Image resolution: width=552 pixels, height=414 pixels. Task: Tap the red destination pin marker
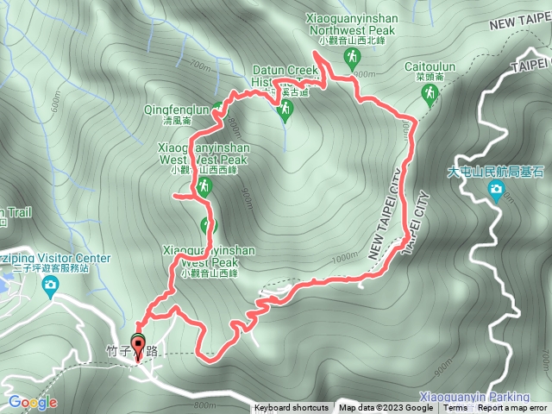coord(138,344)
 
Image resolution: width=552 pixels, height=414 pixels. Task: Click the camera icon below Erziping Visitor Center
coord(51,284)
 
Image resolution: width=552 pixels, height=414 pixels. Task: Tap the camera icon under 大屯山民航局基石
coord(496,190)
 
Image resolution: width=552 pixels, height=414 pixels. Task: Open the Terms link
coord(455,408)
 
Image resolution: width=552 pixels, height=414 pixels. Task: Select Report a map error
coord(512,408)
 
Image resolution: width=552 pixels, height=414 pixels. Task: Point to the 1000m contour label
coord(343,257)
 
